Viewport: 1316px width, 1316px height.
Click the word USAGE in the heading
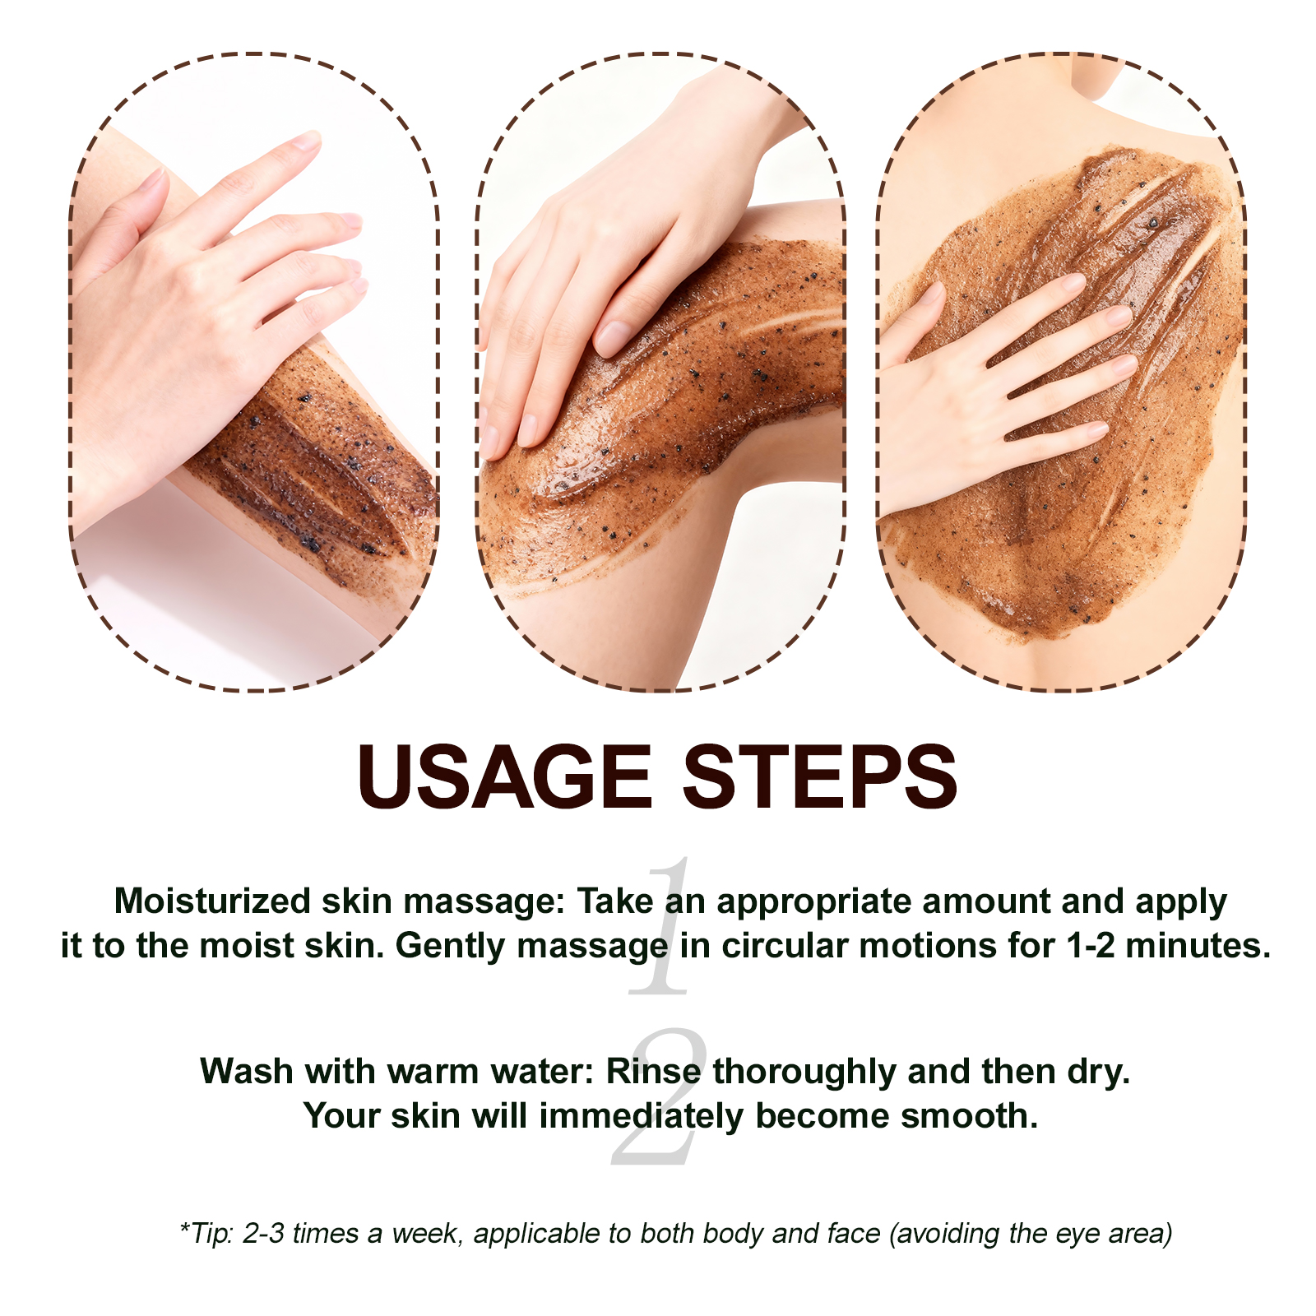(505, 776)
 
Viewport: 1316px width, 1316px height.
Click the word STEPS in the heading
(820, 776)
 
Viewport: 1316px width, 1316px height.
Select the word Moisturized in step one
(212, 901)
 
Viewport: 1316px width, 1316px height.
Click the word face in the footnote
(857, 1235)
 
